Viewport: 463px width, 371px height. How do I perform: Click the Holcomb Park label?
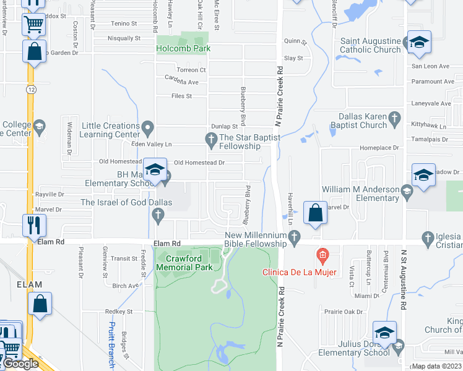pos(183,48)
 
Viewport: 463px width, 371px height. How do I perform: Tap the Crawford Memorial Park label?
pos(184,263)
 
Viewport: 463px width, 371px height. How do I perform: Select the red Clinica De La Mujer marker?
pos(322,254)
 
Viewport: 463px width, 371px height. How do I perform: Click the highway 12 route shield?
pos(31,90)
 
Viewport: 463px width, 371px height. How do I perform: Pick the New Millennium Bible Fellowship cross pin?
pos(295,236)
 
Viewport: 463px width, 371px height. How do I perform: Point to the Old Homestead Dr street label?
pos(198,163)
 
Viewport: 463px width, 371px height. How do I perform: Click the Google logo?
pos(21,364)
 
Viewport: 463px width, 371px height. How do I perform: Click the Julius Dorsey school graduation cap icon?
pos(384,333)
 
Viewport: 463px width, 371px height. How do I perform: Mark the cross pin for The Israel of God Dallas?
pos(158,215)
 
